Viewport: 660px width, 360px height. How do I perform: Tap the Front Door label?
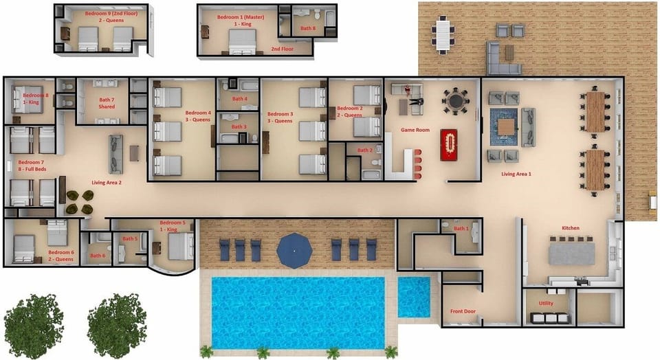pyautogui.click(x=463, y=311)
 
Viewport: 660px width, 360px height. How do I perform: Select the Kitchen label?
pyautogui.click(x=570, y=228)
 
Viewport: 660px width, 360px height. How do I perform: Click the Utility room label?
pyautogui.click(x=546, y=303)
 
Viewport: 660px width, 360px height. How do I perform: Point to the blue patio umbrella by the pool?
pyautogui.click(x=294, y=250)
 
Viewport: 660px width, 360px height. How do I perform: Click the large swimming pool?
pyautogui.click(x=297, y=311)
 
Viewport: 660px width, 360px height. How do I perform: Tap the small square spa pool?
pyautogui.click(x=414, y=297)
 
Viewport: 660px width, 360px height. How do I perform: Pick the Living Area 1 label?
pyautogui.click(x=516, y=175)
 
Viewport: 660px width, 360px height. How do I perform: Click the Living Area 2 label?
pyautogui.click(x=107, y=183)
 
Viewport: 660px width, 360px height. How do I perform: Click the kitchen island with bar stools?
pyautogui.click(x=571, y=251)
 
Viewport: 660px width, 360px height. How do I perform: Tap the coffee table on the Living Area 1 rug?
pyautogui.click(x=507, y=127)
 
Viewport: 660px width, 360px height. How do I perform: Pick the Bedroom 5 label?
pyautogui.click(x=173, y=226)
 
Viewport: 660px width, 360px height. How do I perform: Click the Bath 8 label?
pyautogui.click(x=308, y=28)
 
